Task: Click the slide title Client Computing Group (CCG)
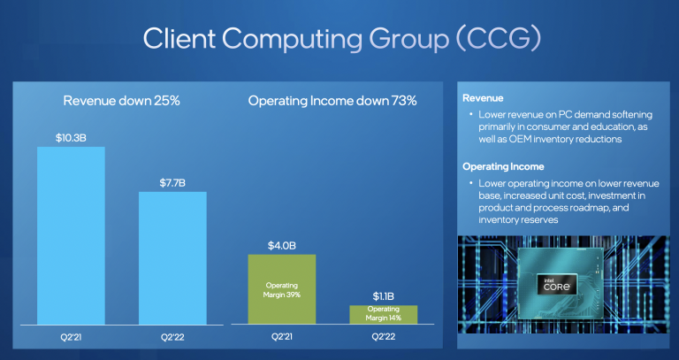340,40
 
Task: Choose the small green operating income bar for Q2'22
383,314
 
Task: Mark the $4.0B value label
281,244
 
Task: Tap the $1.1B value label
383,295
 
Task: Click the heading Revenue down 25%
122,101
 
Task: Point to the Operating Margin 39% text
281,289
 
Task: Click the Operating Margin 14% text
383,314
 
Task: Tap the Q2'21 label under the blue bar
71,338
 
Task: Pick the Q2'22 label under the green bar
383,338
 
